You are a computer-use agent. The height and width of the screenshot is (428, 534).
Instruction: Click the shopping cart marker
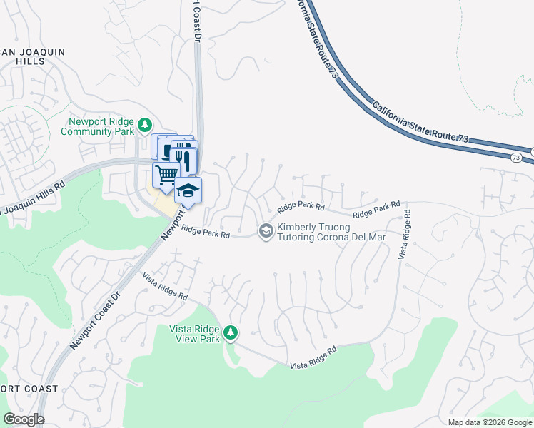(x=166, y=173)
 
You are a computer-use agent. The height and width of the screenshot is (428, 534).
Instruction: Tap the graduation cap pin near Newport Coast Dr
(x=188, y=190)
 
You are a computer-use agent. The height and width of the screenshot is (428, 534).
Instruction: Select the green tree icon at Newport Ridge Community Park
(x=145, y=126)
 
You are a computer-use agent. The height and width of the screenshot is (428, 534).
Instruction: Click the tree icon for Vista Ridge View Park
(x=230, y=332)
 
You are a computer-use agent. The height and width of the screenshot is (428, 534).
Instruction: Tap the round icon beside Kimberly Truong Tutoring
(x=266, y=230)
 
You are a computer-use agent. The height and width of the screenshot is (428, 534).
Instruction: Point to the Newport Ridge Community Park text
(x=97, y=126)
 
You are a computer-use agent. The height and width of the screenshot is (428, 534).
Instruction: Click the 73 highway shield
(x=516, y=156)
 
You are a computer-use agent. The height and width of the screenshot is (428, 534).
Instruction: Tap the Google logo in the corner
(x=24, y=419)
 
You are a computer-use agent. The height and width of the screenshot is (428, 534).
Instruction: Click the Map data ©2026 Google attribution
(x=489, y=422)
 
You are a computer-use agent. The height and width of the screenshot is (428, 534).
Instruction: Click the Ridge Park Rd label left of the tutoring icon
(x=206, y=231)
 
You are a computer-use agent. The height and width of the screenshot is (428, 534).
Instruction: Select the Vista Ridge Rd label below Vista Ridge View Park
(x=313, y=358)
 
